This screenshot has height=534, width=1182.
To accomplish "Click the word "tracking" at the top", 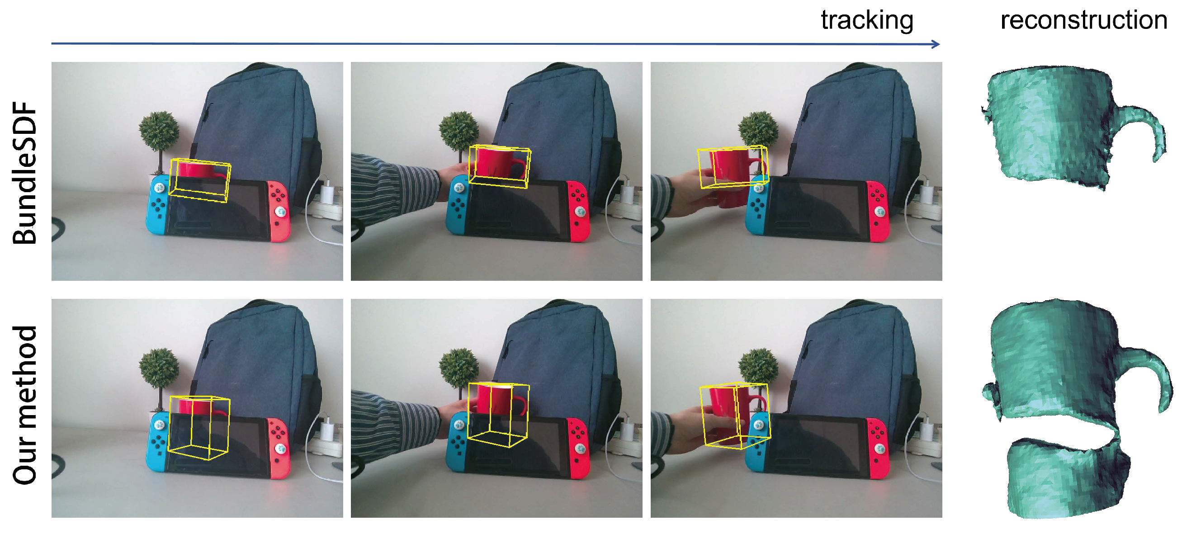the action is point(867,21).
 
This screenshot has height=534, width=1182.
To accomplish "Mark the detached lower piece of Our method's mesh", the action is point(1067,477).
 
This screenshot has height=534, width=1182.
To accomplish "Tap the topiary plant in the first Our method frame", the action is point(159,376).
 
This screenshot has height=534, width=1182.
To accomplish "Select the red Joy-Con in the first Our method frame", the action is point(279,447).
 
